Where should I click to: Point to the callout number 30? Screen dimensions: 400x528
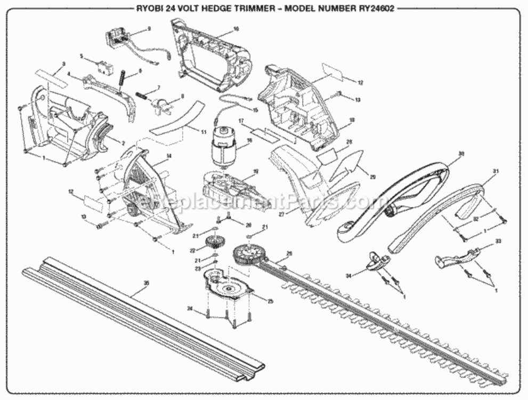461,153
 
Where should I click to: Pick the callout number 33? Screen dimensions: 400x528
498,242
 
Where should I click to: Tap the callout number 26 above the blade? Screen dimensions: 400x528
289,253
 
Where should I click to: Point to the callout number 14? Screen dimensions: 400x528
169,156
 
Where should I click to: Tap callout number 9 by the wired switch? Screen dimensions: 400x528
149,29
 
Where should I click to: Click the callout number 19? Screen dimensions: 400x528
255,171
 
